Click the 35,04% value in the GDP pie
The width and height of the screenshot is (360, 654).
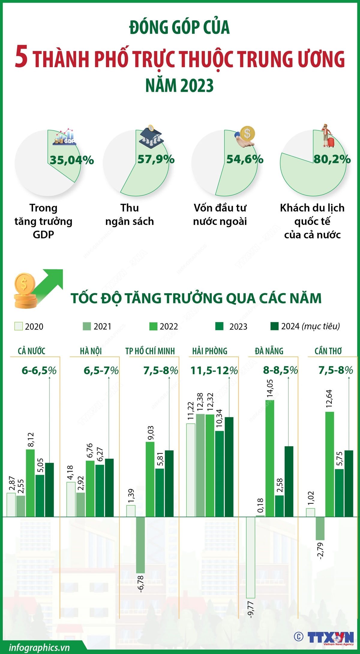(x=72, y=160)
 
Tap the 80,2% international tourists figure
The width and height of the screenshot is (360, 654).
(x=332, y=159)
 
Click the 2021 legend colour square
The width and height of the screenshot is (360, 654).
(x=87, y=326)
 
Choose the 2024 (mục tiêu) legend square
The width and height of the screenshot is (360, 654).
(x=274, y=326)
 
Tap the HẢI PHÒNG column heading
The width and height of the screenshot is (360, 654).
(x=210, y=351)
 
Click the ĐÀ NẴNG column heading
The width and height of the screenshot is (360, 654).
(x=269, y=351)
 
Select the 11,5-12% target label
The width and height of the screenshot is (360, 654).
(x=214, y=371)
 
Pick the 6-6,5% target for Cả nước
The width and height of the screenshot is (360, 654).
(x=39, y=371)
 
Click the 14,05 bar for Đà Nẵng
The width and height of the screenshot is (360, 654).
(x=270, y=459)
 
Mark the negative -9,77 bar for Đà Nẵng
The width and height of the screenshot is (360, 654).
(x=250, y=558)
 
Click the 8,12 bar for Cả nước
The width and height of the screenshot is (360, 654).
(x=30, y=483)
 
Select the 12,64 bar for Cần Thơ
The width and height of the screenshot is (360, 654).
(x=329, y=465)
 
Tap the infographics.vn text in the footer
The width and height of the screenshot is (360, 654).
(x=39, y=647)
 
